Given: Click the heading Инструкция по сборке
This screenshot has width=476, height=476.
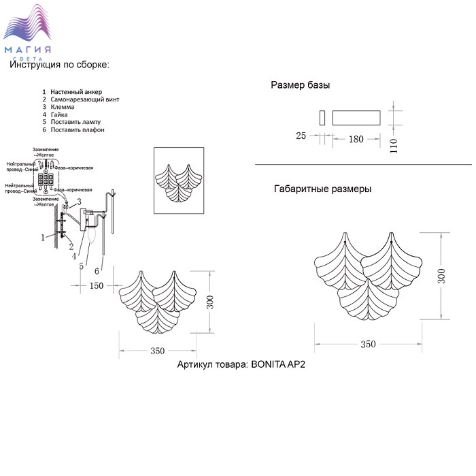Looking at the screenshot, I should click(59, 64).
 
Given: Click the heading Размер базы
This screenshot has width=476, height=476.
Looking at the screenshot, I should click(300, 86).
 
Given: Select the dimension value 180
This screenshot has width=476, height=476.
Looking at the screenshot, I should click(356, 139).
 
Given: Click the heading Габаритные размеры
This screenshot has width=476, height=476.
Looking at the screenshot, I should click(323, 189).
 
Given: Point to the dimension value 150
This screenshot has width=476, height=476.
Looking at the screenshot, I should click(97, 285).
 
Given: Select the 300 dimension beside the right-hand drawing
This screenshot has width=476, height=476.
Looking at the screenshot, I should click(443, 275).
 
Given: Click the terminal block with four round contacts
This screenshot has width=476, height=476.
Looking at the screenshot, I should click(47, 180).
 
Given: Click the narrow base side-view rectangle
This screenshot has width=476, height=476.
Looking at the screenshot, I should click(322, 116).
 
